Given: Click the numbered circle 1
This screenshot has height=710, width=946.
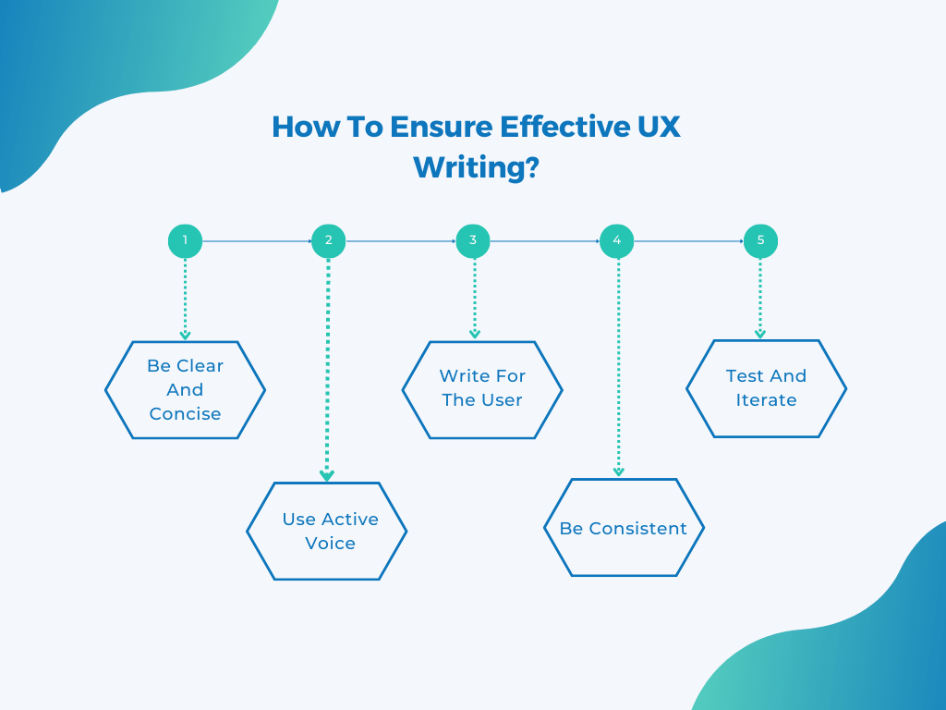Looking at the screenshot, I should pos(185,241).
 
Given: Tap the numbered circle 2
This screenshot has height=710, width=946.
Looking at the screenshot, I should pos(328,241).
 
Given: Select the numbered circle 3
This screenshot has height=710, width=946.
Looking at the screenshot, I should pos(473,241).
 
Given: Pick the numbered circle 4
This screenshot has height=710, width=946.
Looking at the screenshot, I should pos(616,241).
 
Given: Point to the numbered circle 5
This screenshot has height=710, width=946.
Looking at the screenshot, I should pos(760,241).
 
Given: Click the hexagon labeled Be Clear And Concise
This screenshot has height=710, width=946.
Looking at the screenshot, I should pos(185,389).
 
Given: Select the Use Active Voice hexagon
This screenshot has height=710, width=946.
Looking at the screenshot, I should pos(327,531).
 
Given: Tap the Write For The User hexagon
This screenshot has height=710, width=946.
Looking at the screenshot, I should pos(482,388).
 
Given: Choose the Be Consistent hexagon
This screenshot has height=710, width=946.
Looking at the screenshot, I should pos(624,528).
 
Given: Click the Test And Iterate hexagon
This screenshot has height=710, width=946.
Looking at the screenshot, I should pos(766,388).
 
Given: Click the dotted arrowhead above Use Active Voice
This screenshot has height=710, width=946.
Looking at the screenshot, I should pos(327,475).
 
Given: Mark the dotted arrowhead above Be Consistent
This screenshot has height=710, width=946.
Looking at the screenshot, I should pos(618,471).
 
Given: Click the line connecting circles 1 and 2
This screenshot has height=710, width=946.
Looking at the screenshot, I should pos(256,241).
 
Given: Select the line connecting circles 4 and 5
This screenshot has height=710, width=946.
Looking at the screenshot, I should pos(688,241).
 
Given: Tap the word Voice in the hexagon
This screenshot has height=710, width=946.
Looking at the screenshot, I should pos(330,543).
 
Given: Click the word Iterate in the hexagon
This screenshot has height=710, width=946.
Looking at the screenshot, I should pos(766,400).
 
